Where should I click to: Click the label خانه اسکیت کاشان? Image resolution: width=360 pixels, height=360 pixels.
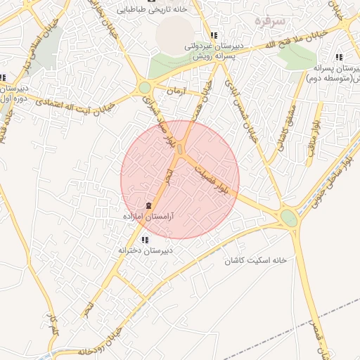coord(256,260)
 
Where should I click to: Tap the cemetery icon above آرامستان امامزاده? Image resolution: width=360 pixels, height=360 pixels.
coord(148,205)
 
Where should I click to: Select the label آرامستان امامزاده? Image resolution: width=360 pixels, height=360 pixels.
coord(148,217)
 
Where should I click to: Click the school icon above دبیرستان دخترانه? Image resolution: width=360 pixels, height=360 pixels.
coord(144,240)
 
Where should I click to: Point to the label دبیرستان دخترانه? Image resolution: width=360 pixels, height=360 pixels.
coord(145,250)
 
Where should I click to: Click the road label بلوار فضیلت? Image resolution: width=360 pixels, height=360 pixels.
coord(212,181)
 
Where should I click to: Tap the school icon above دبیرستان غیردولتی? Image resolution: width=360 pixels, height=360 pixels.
coord(214,35)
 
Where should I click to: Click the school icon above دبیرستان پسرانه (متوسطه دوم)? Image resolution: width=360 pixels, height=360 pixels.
coord(339,58)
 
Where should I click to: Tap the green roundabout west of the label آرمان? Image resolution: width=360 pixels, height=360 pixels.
coord(145,88)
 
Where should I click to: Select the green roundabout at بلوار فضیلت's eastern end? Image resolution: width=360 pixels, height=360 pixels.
coord(288,218)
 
